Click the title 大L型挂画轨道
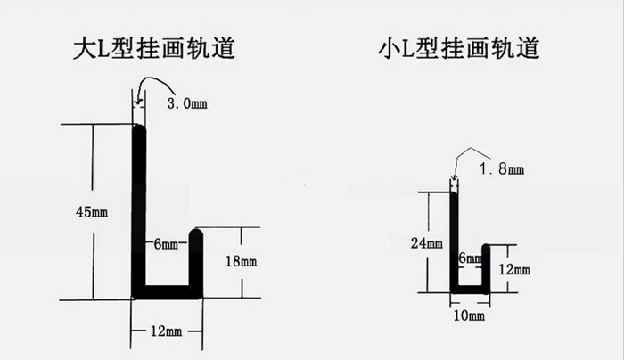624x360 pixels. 154,48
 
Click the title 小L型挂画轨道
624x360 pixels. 459,48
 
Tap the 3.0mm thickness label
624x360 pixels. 187,103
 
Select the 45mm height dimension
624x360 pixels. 92,211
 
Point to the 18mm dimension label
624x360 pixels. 242,261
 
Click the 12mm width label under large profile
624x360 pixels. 166,331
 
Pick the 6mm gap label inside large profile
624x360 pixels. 166,243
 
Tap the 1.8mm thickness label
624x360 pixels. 502,169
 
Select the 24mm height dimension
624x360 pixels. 427,242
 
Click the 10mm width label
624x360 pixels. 469,315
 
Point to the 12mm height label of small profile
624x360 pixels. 514,270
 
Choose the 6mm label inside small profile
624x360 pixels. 470,258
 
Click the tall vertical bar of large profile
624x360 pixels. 138,211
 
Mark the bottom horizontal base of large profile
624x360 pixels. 168,292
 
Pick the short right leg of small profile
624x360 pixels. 486,269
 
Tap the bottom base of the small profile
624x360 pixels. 470,290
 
